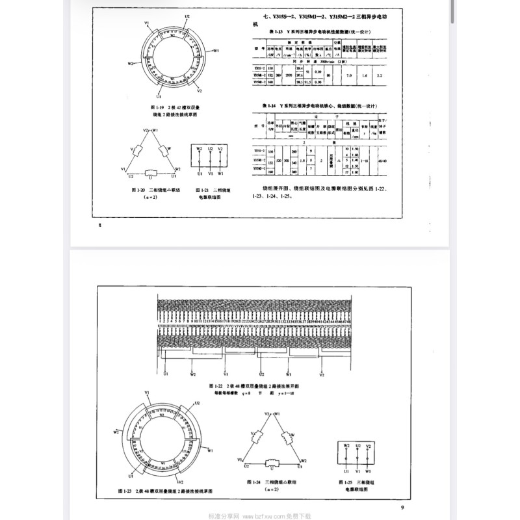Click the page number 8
[x=99, y=226]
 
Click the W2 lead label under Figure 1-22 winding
[x=192, y=374]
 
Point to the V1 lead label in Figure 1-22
[x=226, y=374]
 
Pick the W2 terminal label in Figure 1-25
[x=346, y=446]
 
